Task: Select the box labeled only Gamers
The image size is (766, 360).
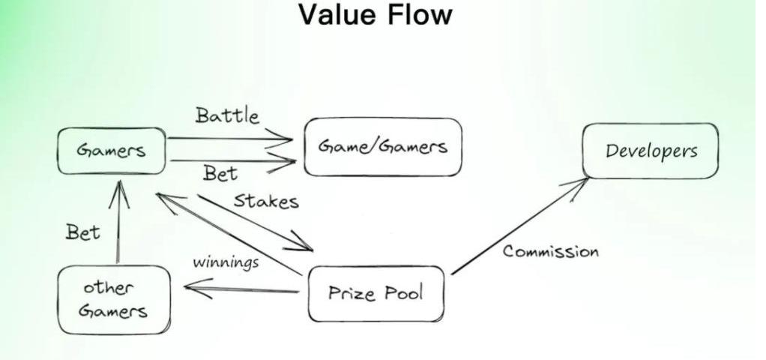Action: (112, 150)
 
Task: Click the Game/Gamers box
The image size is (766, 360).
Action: (383, 147)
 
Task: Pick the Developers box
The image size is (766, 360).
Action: (651, 151)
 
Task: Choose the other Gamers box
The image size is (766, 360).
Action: (114, 298)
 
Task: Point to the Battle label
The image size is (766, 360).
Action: (228, 115)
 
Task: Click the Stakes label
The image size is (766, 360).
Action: (266, 201)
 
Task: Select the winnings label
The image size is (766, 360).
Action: (226, 262)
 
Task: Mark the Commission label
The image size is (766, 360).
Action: (551, 251)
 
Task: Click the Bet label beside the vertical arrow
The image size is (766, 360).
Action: (82, 232)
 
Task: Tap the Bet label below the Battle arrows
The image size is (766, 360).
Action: (220, 174)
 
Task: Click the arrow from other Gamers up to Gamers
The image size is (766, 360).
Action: (118, 225)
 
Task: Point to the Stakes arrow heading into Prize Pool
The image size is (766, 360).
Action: (255, 223)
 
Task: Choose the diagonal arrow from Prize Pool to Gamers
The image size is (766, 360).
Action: (225, 232)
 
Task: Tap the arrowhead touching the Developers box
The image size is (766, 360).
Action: (581, 183)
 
